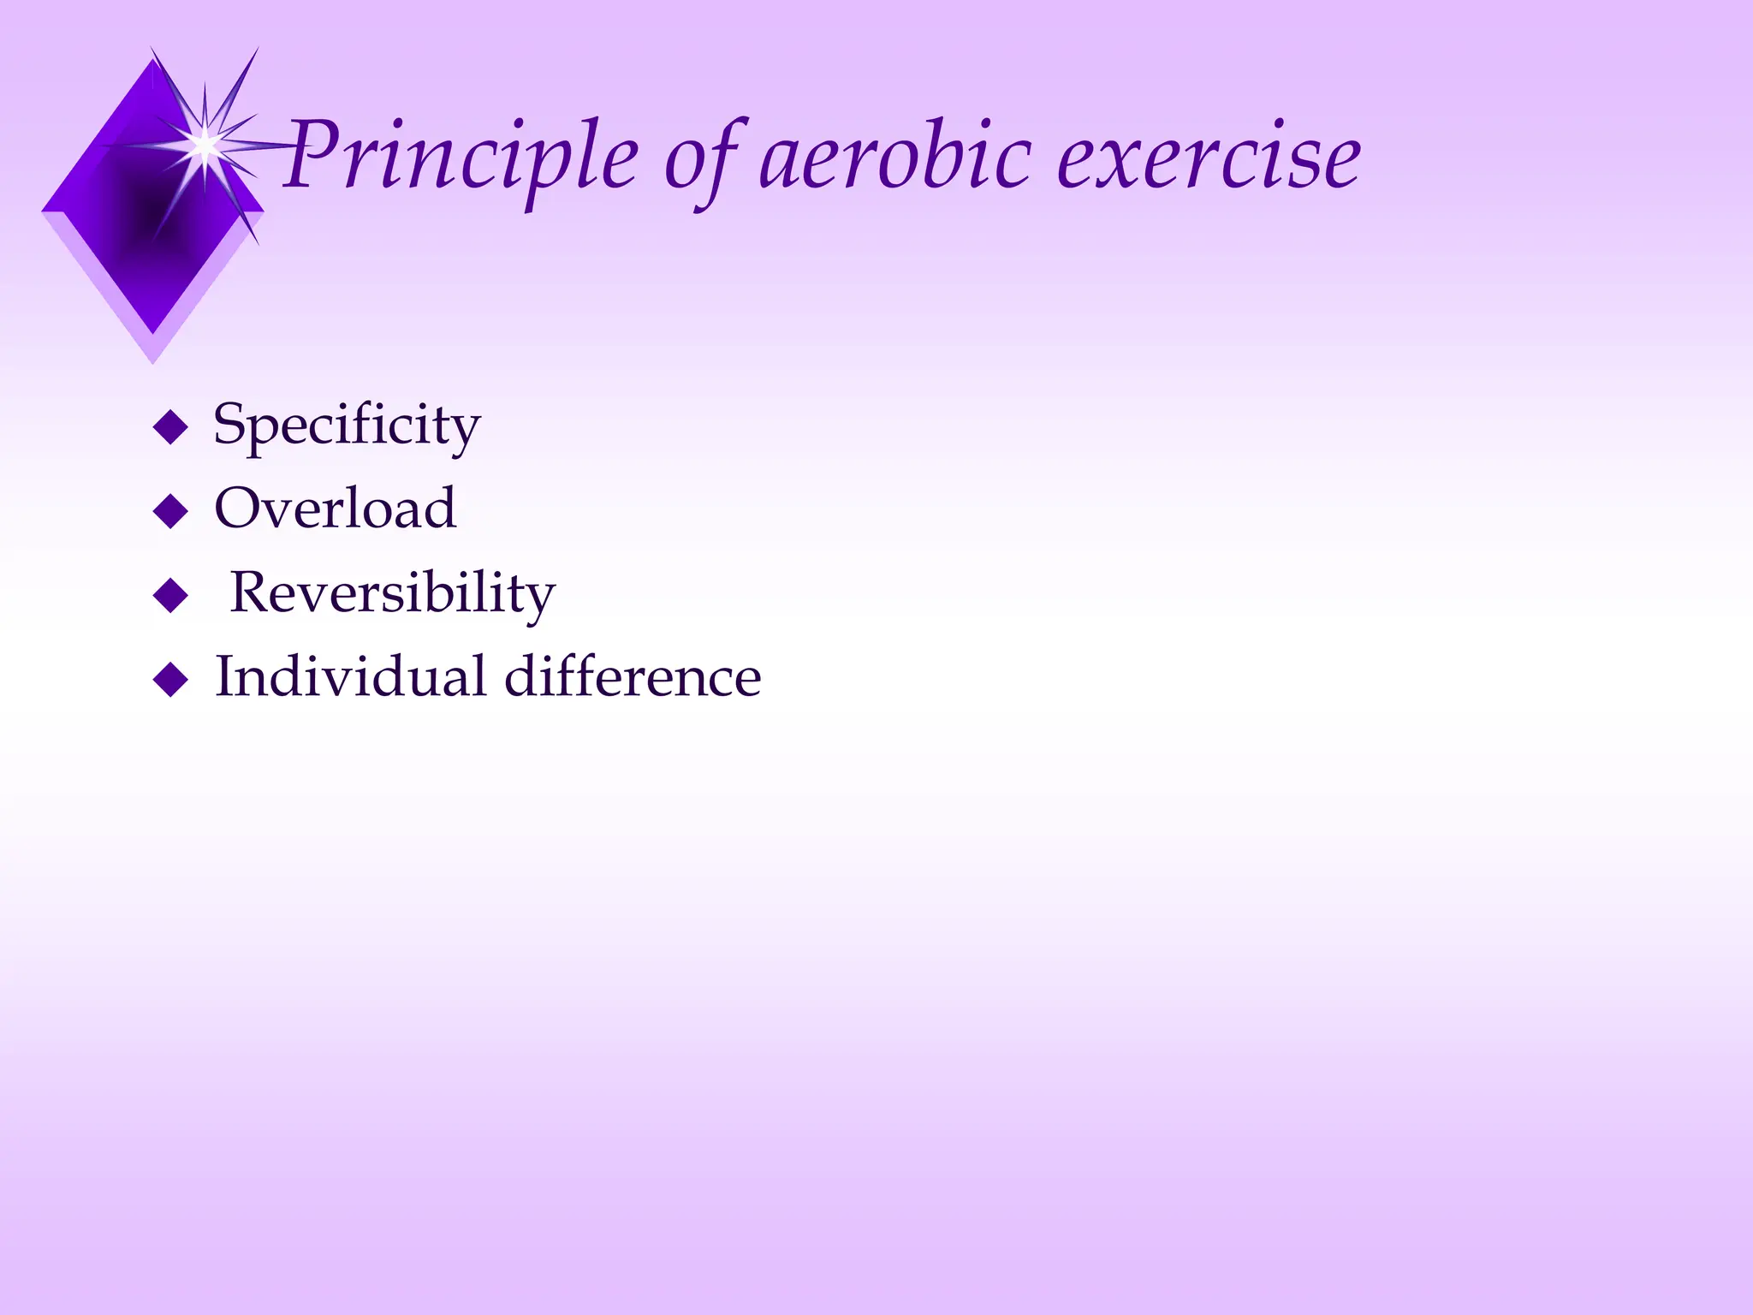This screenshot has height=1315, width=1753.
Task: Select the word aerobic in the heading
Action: click(x=894, y=158)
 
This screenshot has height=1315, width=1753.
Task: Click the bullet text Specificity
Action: click(x=347, y=425)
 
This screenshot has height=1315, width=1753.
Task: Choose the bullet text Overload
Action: click(x=335, y=509)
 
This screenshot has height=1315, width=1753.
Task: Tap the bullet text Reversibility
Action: click(x=393, y=593)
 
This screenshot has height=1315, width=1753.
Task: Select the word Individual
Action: click(x=349, y=676)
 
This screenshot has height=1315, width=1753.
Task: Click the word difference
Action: click(x=633, y=676)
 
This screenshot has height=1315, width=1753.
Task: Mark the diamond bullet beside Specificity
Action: click(x=170, y=427)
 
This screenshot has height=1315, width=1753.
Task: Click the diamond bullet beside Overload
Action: click(x=170, y=511)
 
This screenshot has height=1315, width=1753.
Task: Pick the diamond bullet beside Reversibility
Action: click(x=170, y=596)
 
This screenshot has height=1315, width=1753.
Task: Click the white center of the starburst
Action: click(x=205, y=145)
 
